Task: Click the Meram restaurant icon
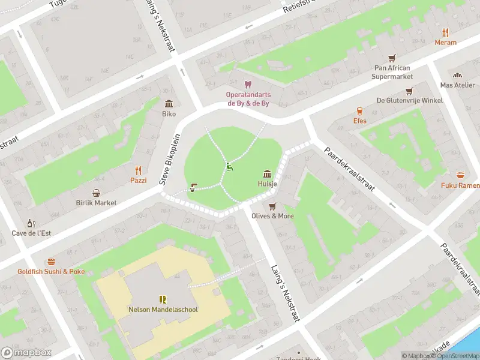(445, 32)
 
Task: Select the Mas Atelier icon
(457, 75)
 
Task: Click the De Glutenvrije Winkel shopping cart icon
(409, 91)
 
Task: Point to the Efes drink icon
(359, 111)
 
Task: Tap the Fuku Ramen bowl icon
(460, 175)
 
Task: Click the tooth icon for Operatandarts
(247, 85)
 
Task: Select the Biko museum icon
(169, 103)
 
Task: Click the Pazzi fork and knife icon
(138, 170)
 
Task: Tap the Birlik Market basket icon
(96, 193)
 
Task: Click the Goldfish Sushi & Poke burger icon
(51, 262)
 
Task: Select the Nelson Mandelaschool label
(163, 310)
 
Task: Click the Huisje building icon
(267, 174)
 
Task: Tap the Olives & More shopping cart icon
(272, 206)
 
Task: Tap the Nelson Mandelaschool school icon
(163, 299)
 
